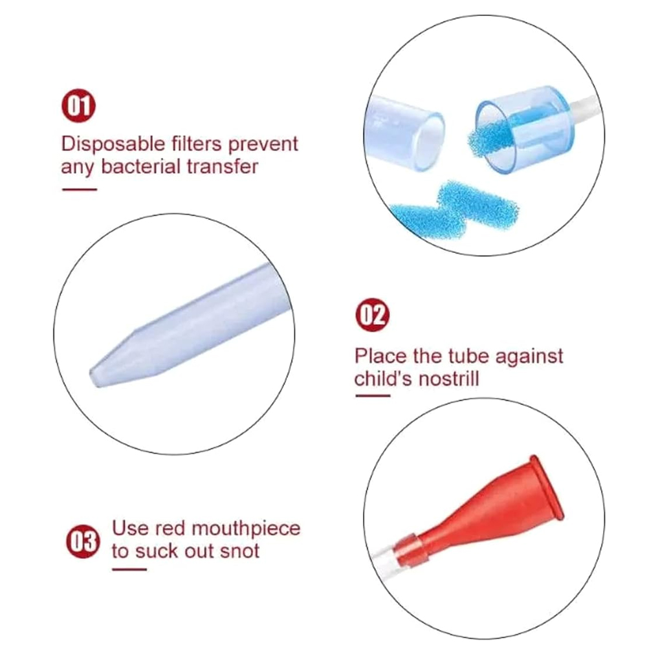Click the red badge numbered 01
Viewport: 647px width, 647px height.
pyautogui.click(x=78, y=105)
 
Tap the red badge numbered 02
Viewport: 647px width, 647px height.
pyautogui.click(x=372, y=315)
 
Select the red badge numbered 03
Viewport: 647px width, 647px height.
pyautogui.click(x=83, y=542)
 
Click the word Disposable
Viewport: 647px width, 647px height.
pyautogui.click(x=113, y=145)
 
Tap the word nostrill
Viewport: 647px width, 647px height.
pyautogui.click(x=446, y=378)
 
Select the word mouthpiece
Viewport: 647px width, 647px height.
pyautogui.click(x=246, y=529)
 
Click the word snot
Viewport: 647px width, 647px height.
pyautogui.click(x=240, y=551)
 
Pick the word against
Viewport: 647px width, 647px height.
pyautogui.click(x=529, y=357)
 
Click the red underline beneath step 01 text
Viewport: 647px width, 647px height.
pyautogui.click(x=79, y=190)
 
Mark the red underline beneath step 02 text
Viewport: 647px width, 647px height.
pyautogui.click(x=373, y=396)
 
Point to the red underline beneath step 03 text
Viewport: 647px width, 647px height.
pyautogui.click(x=129, y=569)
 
